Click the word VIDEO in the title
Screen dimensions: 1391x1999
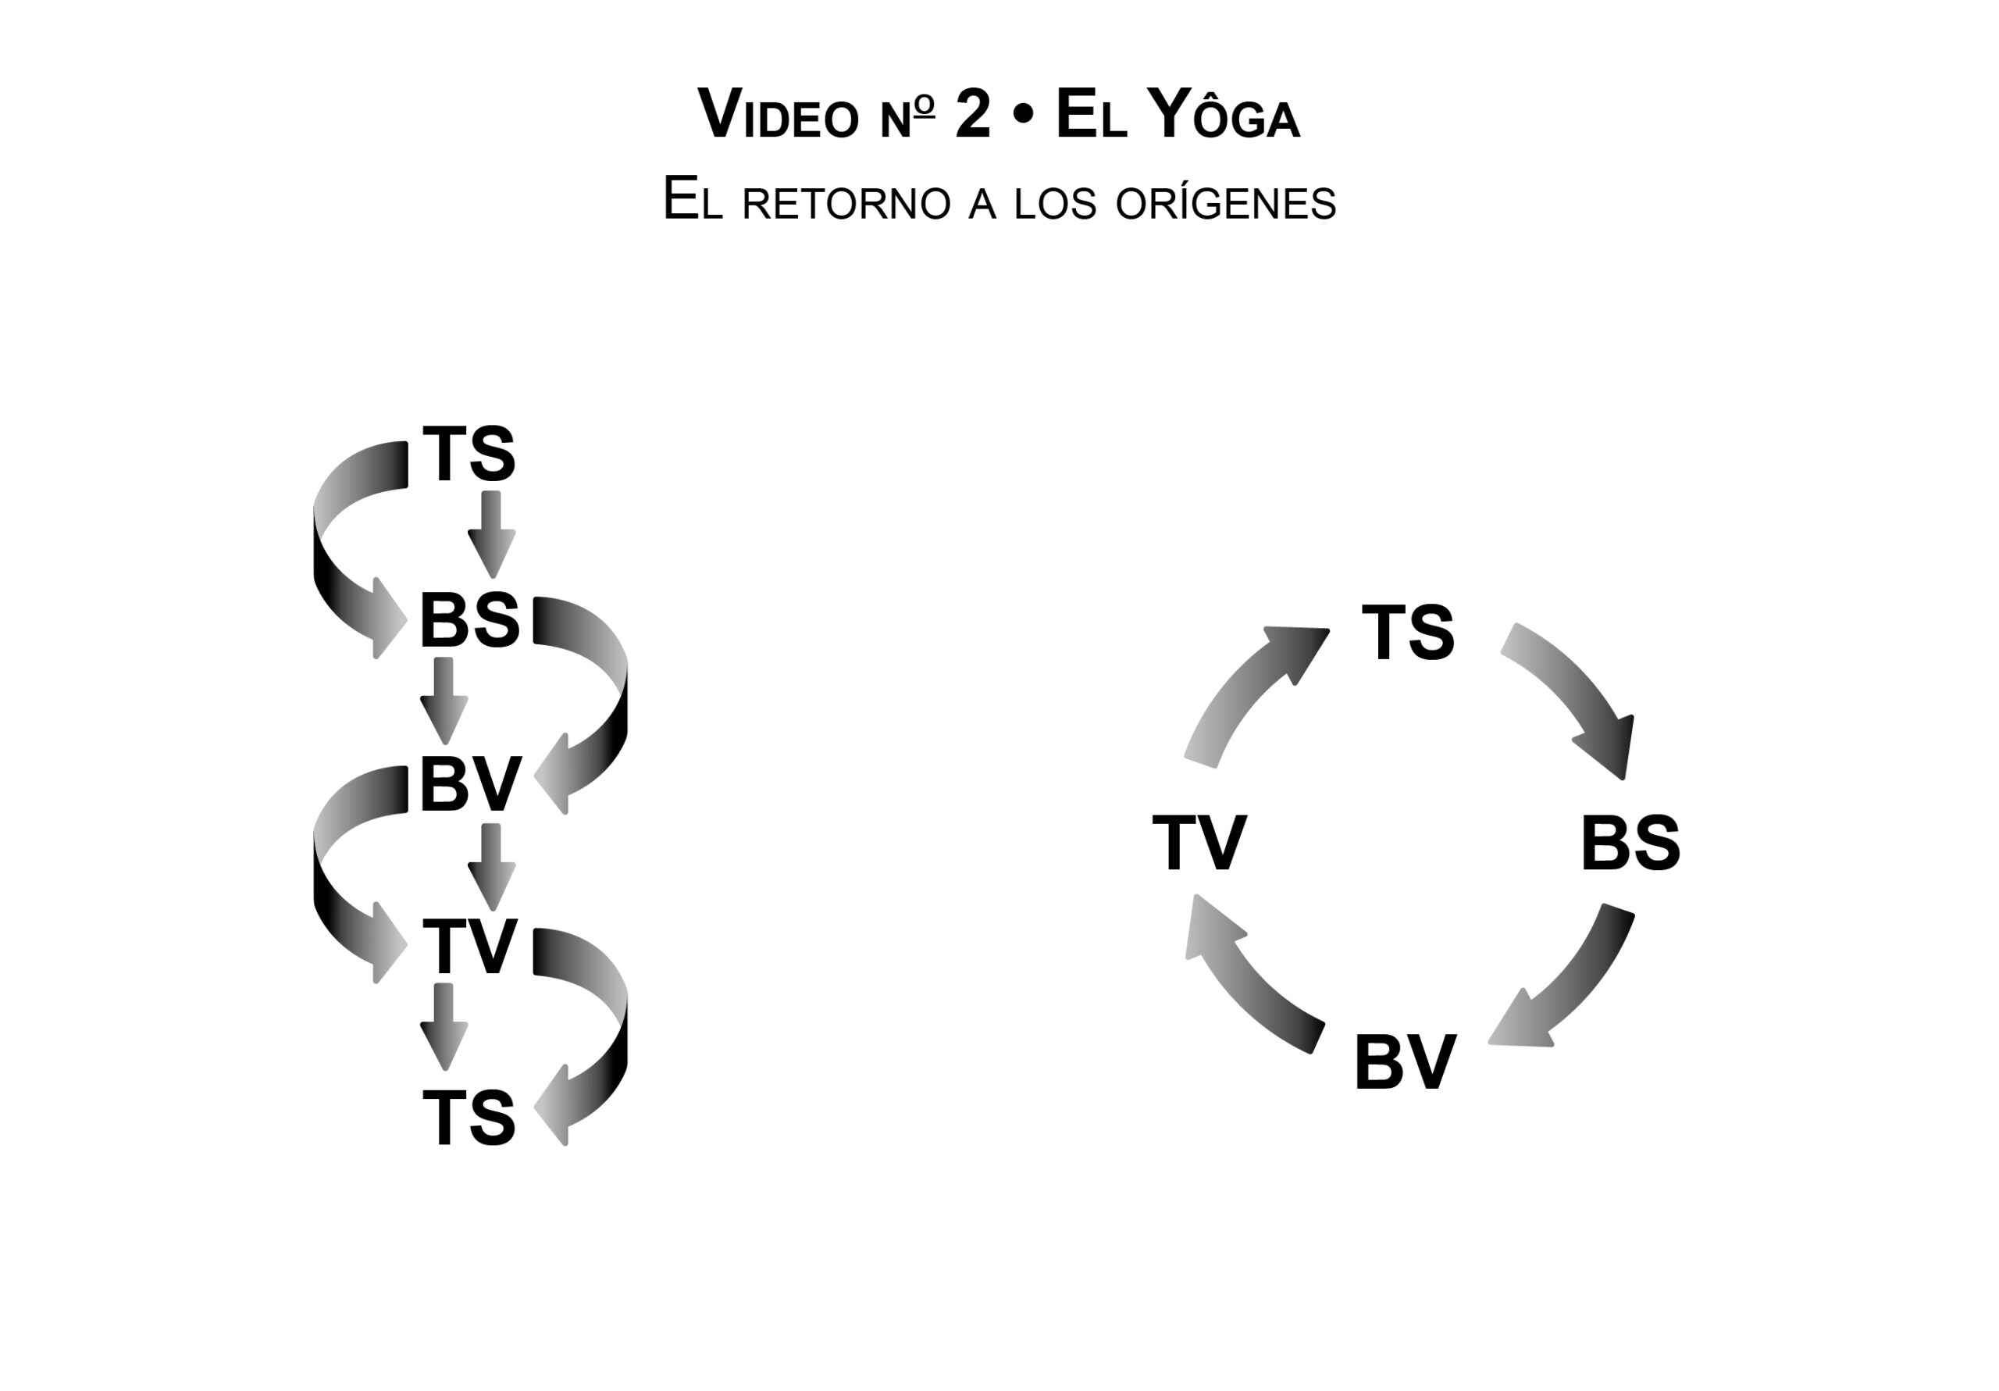coord(778,116)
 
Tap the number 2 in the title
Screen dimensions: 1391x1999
coord(972,114)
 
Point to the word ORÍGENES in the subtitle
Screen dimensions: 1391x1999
coord(1225,203)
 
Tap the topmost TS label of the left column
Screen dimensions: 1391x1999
coord(469,454)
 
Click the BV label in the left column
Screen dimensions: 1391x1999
coord(470,785)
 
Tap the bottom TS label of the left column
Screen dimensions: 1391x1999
coord(469,1118)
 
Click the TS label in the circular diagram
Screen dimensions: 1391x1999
coord(1408,632)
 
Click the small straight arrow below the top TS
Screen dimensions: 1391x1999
coord(492,532)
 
